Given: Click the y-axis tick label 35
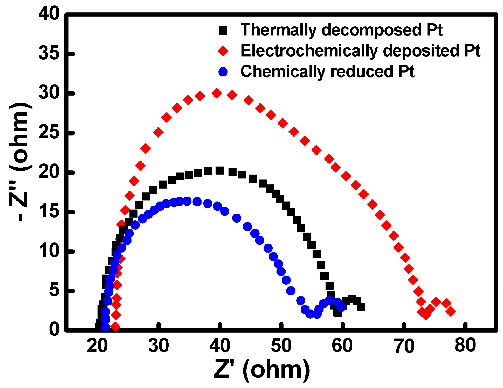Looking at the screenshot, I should [x=49, y=54].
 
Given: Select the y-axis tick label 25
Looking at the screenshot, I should [x=49, y=133].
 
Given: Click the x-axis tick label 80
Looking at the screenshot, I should [x=465, y=345].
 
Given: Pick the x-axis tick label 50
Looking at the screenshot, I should [x=281, y=345].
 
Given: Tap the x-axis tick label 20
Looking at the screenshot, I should [x=97, y=345].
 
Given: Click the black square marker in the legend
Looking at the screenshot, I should [x=223, y=30].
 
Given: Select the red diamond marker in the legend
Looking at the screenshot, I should [x=223, y=51].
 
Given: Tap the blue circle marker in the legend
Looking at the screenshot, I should [x=223, y=72].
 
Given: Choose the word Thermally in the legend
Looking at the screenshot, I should [x=278, y=30].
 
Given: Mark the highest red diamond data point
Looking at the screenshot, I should [x=217, y=93].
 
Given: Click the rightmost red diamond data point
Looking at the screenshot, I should [x=451, y=311].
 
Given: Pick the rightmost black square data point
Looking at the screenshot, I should [x=361, y=307].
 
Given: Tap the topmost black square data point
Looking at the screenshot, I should [x=219, y=171].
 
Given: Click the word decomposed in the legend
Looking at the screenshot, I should [x=372, y=30].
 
